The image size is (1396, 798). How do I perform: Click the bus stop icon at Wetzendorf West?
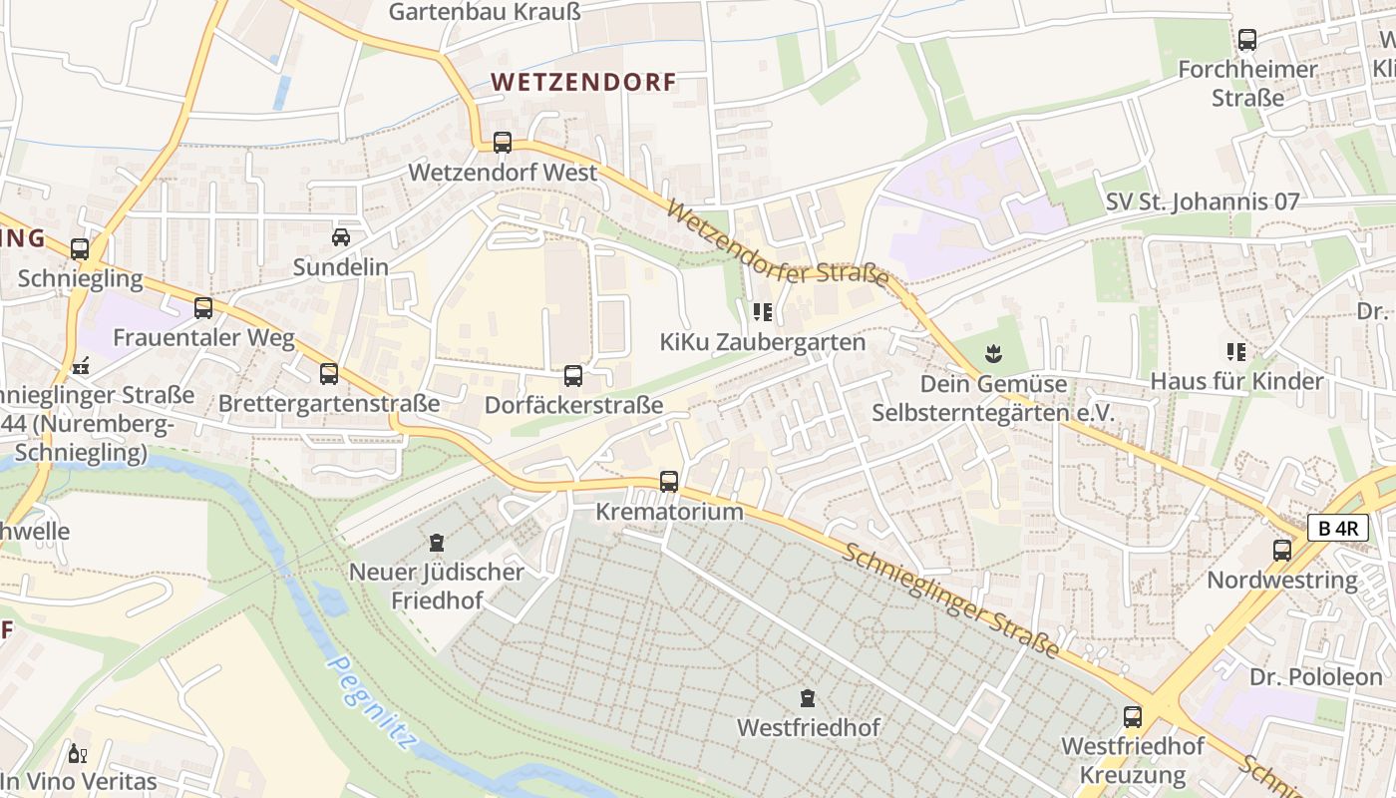[503, 143]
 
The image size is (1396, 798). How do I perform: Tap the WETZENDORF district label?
[584, 82]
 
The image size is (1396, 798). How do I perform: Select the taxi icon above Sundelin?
[341, 237]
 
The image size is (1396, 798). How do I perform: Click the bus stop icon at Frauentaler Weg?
[203, 308]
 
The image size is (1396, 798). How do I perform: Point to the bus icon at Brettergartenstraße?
[329, 374]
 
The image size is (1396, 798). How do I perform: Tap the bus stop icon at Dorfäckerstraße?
[573, 376]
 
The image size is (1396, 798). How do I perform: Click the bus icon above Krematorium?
[669, 482]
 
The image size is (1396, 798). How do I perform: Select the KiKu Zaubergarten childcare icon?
[763, 312]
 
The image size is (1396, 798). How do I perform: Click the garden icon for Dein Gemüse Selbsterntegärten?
[993, 353]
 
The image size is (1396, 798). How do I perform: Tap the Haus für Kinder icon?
[1236, 351]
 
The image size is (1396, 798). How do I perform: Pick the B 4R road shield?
[1337, 529]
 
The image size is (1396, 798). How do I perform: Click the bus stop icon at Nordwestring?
[1282, 550]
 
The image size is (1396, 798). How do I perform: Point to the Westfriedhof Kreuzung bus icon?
[1133, 716]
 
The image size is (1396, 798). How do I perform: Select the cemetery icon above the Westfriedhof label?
[808, 697]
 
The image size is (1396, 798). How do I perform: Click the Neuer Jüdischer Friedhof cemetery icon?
[436, 543]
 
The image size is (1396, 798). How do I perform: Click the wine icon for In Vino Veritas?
[76, 753]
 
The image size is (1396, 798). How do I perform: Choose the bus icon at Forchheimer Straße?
[1247, 40]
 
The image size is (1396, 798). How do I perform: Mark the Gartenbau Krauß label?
[485, 12]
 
